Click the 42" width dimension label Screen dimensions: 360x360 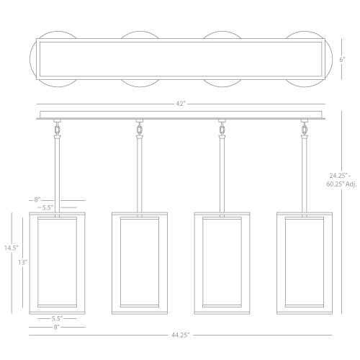(x=181, y=104)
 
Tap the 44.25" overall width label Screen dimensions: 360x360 (x=181, y=335)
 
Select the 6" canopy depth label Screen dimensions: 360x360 (x=342, y=60)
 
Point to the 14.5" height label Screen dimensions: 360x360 (x=12, y=248)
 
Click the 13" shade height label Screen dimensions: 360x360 (x=23, y=262)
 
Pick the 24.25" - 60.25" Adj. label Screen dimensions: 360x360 (x=341, y=180)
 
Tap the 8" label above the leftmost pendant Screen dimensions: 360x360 (x=37, y=199)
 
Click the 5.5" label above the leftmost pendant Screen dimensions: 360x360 (x=48, y=207)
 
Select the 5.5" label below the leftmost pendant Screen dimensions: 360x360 (x=57, y=318)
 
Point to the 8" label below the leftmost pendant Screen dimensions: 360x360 (x=56, y=327)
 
